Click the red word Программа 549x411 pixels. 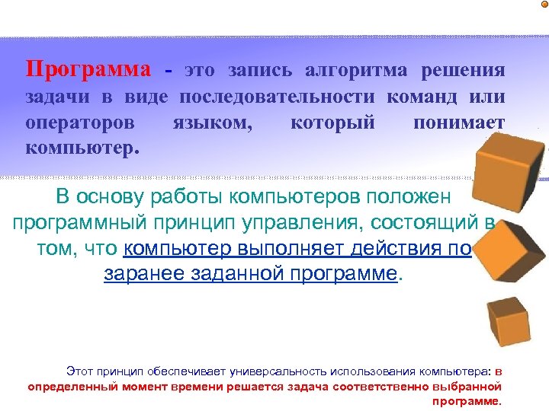[88, 70]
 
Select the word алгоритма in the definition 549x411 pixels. [358, 70]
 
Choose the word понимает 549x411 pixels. [458, 122]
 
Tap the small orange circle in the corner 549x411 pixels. [544, 5]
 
